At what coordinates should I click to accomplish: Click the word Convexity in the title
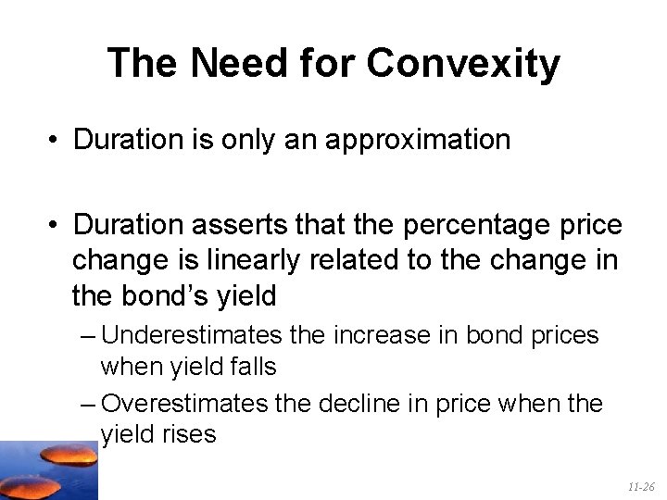click(463, 64)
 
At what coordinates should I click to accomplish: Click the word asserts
click(241, 225)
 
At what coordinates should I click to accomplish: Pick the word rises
click(191, 435)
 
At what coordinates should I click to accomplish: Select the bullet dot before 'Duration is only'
click(57, 141)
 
